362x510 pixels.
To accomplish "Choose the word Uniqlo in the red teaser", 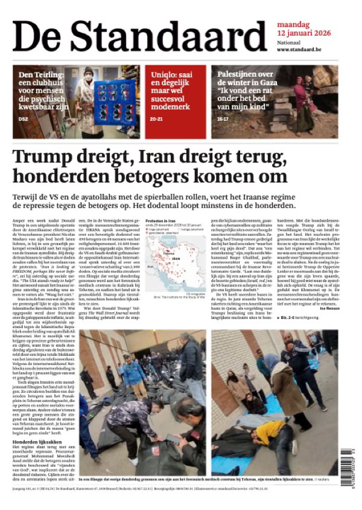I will [x=165, y=77].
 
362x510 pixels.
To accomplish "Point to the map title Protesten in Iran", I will [x=160, y=222].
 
